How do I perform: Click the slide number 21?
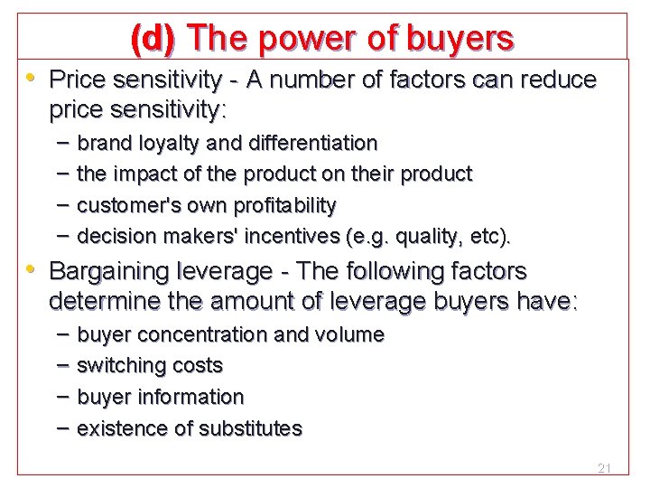pyautogui.click(x=605, y=468)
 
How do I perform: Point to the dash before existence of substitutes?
pyautogui.click(x=61, y=427)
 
